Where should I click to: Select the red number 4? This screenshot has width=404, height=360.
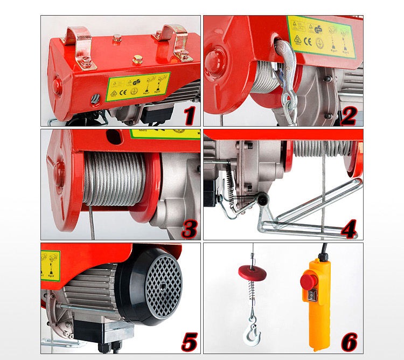(349, 228)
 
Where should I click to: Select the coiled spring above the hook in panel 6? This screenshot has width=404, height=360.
(252, 293)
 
